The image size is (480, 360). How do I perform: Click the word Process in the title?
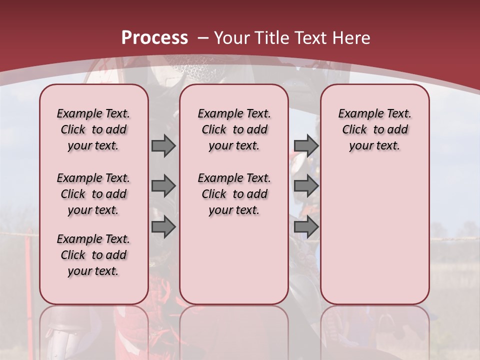[154, 38]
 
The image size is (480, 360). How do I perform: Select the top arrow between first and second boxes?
[163, 146]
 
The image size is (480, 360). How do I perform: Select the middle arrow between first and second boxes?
[163, 186]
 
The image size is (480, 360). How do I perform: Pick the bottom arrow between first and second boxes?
[163, 227]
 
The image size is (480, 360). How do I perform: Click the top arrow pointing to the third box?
[306, 146]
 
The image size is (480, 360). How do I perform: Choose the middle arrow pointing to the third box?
[306, 186]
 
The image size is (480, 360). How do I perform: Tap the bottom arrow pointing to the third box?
[306, 227]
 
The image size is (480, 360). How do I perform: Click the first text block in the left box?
[93, 129]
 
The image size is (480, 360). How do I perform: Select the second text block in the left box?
[93, 194]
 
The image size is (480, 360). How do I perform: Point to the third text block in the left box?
[93, 255]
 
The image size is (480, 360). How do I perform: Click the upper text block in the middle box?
[234, 129]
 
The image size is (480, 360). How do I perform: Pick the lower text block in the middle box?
[234, 194]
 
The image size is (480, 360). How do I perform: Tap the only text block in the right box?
[374, 129]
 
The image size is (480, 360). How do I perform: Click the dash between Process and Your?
[203, 38]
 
